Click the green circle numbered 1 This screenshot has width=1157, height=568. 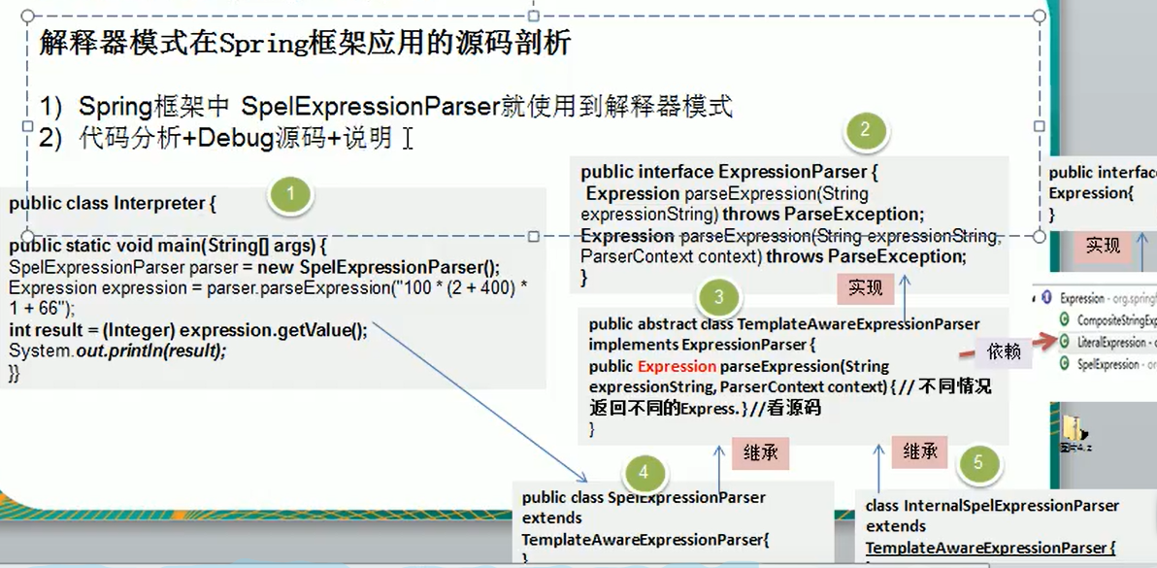[291, 196]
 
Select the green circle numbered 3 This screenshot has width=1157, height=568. [717, 296]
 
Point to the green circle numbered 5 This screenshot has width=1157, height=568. [977, 463]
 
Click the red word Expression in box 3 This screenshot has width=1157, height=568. [677, 366]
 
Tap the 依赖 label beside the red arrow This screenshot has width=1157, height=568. [1004, 352]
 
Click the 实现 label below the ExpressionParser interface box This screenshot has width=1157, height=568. [864, 287]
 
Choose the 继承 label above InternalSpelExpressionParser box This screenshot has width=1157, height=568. [918, 451]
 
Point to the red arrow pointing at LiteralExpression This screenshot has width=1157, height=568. [1044, 340]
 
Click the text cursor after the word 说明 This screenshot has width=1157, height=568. [409, 140]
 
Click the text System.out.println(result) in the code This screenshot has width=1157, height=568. [116, 351]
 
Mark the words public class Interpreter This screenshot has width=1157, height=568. [107, 204]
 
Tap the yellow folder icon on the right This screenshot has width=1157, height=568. [1073, 429]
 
